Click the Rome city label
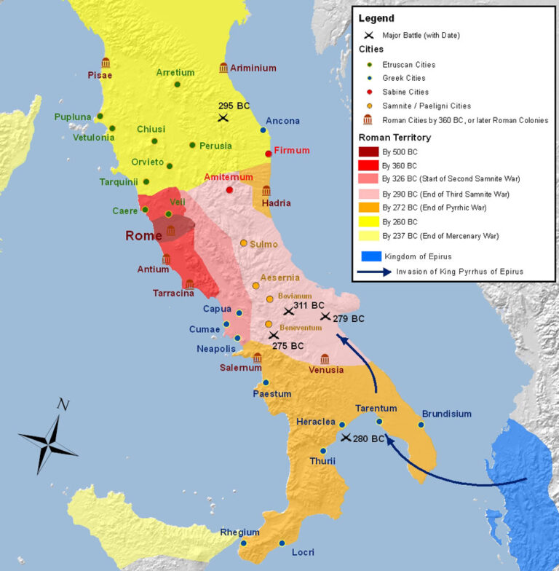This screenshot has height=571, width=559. (143, 235)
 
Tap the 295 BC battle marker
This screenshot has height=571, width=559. (223, 117)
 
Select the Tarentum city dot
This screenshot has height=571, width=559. (379, 422)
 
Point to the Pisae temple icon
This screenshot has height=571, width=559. (106, 63)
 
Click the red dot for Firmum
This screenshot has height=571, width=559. (269, 153)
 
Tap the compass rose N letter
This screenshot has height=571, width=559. (63, 405)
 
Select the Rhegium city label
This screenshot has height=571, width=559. (240, 532)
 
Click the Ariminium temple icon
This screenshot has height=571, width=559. (223, 68)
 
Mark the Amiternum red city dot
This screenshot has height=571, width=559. (230, 190)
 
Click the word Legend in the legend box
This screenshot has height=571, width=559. (376, 18)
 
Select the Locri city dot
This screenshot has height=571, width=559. (282, 543)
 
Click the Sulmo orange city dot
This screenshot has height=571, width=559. (244, 243)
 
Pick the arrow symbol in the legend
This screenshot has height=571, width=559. (373, 272)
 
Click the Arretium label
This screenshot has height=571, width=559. (175, 72)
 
